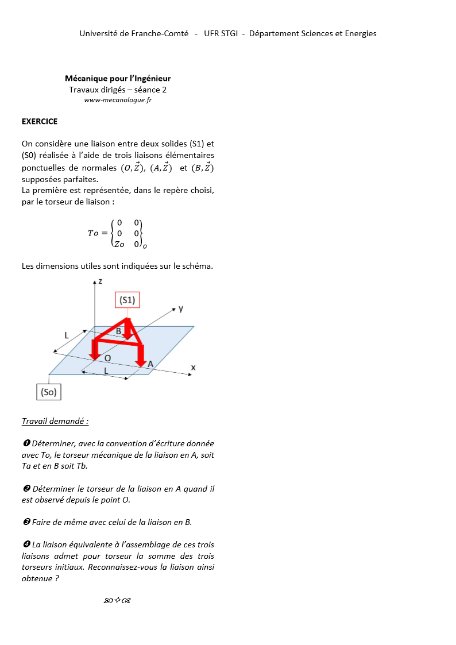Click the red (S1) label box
coord(127,300)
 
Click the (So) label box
coord(49,392)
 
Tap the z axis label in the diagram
coord(100,281)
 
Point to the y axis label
coord(181,308)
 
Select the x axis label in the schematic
coord(194,367)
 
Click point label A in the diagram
coord(150,364)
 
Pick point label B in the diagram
coord(118,331)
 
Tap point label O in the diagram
coord(107,358)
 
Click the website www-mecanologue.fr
coord(118,100)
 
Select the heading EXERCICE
coord(40,121)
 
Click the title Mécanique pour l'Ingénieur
coord(118,78)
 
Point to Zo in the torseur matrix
coord(119,244)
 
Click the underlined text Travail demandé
coord(55,421)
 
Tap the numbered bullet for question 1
coord(26,443)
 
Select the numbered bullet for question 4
coord(26,544)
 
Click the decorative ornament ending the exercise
coord(118,601)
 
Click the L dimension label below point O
coord(106,372)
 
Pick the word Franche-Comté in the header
coord(160,33)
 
